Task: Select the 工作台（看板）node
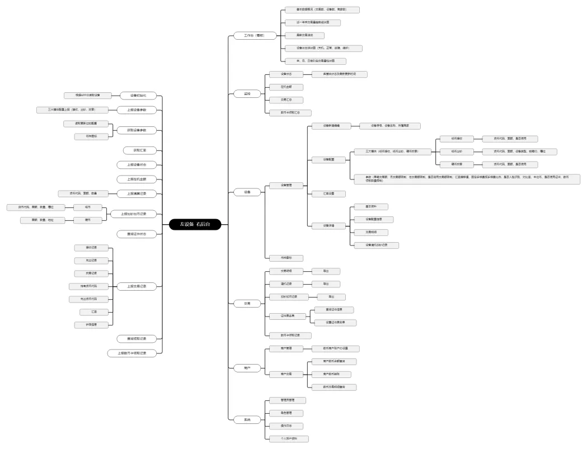[x=253, y=35]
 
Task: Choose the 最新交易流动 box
[x=304, y=35]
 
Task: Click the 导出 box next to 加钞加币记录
[x=331, y=296]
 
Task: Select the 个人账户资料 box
[x=286, y=439]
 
